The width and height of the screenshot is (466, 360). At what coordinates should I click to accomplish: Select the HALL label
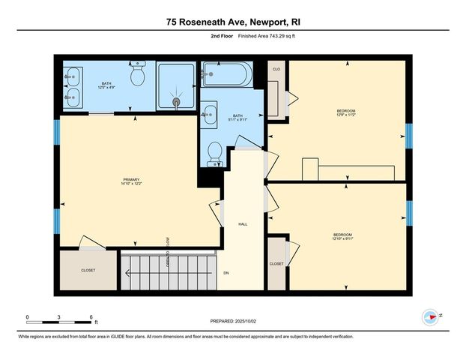click(x=243, y=223)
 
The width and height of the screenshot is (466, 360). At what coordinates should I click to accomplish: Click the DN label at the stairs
click(x=226, y=273)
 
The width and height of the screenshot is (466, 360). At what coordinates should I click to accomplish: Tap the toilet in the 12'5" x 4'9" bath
click(x=138, y=75)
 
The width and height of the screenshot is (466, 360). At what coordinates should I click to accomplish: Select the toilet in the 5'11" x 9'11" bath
click(x=215, y=153)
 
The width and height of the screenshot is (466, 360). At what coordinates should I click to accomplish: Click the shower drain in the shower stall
click(x=177, y=103)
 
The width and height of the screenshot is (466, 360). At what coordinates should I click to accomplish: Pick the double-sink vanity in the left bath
click(x=73, y=85)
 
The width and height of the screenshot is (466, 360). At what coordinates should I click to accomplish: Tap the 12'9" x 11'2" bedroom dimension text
click(x=345, y=115)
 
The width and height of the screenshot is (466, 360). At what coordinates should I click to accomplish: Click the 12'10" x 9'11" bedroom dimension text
click(x=343, y=239)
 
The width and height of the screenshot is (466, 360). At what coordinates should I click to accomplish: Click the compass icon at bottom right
click(x=430, y=317)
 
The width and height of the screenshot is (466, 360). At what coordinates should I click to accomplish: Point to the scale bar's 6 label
click(x=91, y=317)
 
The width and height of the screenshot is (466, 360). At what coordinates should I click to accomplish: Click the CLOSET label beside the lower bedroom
click(x=276, y=264)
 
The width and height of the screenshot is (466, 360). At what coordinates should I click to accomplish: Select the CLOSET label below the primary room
click(x=89, y=271)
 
